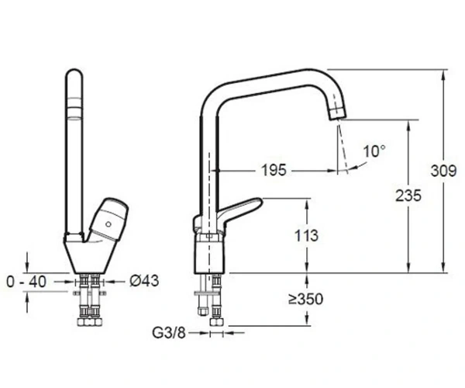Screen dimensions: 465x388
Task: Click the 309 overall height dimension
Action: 443,171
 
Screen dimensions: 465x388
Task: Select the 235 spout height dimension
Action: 408,196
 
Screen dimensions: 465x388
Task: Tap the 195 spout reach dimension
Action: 274,171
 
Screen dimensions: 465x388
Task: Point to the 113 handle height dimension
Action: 306,236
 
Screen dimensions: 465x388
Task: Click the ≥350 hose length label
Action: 306,300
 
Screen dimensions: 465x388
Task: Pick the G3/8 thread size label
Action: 169,333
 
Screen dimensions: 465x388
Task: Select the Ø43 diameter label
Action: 144,281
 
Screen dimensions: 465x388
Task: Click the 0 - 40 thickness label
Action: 26,282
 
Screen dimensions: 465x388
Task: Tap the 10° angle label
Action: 374,151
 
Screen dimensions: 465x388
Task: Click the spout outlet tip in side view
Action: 338,115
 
